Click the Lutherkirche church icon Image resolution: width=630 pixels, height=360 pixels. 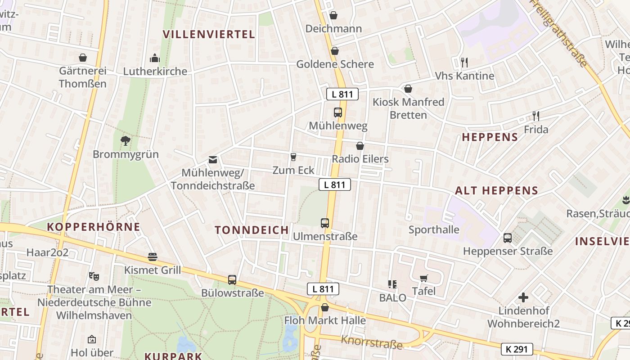pos(154,58)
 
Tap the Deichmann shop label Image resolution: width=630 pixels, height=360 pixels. pos(333,29)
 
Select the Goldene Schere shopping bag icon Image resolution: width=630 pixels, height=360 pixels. pos(334,51)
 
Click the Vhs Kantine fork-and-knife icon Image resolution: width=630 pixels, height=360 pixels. pos(464,62)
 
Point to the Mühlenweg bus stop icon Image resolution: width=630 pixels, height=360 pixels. pos(338,112)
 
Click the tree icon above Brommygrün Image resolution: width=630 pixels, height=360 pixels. pos(126,141)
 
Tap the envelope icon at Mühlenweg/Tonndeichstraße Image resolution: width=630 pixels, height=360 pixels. pos(212,160)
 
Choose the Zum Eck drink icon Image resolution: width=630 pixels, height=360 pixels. pos(293,157)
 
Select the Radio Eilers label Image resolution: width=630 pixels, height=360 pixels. pos(360,159)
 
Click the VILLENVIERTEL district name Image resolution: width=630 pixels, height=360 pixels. pos(209,34)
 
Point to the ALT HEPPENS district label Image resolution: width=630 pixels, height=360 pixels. pos(496,191)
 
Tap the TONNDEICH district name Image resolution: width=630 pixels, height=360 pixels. pos(252,230)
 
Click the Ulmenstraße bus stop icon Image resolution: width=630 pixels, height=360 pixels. pos(325,223)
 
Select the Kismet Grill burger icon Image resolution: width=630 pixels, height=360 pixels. pos(153,257)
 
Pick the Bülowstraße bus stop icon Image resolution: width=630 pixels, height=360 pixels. pos(232,280)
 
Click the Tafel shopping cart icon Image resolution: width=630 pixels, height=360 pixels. pos(423,278)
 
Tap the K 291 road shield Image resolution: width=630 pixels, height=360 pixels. pos(517,349)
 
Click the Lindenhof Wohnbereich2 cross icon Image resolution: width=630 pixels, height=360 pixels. pos(523,297)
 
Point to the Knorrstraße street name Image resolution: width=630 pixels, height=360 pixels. pos(372,342)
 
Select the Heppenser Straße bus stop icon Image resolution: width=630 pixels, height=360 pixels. pos(508,238)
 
